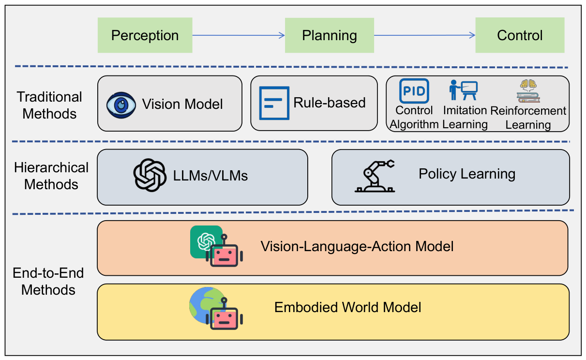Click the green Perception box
(x=145, y=35)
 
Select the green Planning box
(x=330, y=35)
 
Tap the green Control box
(x=520, y=35)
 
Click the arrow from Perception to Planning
(x=239, y=35)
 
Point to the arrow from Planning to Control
(x=424, y=35)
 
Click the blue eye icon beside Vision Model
(x=121, y=105)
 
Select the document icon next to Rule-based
(x=274, y=103)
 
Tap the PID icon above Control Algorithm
(x=414, y=91)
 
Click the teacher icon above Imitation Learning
(x=463, y=90)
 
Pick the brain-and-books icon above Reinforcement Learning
(x=528, y=91)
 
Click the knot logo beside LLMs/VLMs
(x=150, y=175)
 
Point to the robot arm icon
(x=375, y=176)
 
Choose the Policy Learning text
(x=467, y=174)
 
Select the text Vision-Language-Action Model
(x=357, y=246)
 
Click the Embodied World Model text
(x=347, y=307)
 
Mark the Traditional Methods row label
(x=49, y=105)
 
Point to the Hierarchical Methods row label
(x=51, y=176)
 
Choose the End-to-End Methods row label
(x=48, y=281)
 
